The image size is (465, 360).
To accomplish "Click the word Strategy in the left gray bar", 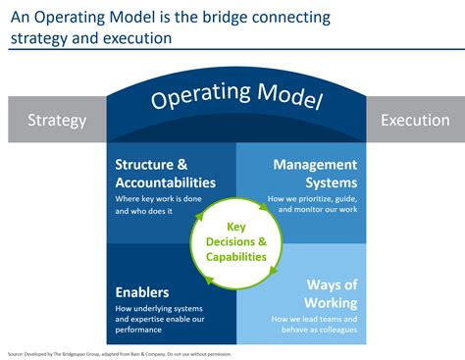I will [57, 122].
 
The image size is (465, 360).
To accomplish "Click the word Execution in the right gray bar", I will [414, 122].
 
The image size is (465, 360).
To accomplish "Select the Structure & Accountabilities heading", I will [165, 174].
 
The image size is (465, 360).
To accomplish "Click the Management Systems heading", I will [314, 174].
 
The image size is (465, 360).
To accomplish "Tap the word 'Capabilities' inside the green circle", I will [235, 256].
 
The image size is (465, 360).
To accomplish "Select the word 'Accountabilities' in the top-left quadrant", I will [165, 182].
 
